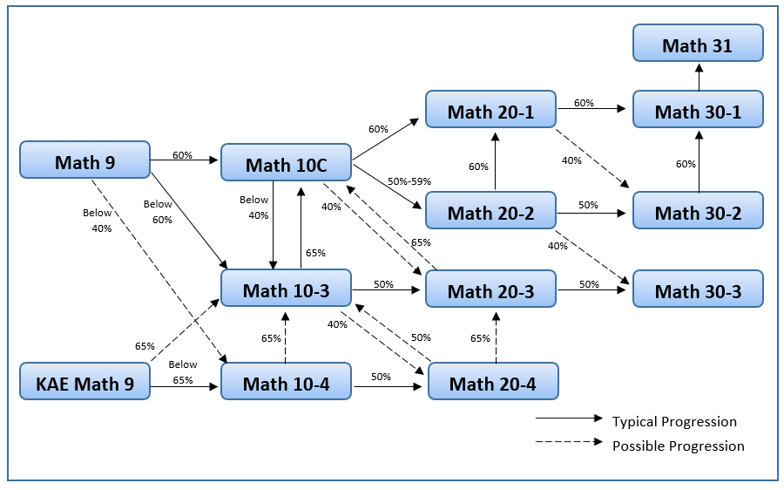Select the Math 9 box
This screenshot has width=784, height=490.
(x=84, y=161)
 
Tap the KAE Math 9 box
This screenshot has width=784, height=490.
(x=84, y=383)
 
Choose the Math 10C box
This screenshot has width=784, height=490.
(x=286, y=164)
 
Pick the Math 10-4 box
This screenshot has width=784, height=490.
(x=286, y=383)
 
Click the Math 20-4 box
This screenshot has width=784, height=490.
(x=493, y=383)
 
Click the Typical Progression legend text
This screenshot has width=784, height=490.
(x=674, y=422)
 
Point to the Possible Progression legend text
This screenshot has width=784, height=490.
(x=678, y=446)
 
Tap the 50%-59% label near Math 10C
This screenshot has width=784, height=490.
(x=409, y=181)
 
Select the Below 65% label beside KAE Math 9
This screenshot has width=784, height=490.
(x=182, y=372)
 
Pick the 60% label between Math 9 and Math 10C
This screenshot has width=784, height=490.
(x=182, y=155)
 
